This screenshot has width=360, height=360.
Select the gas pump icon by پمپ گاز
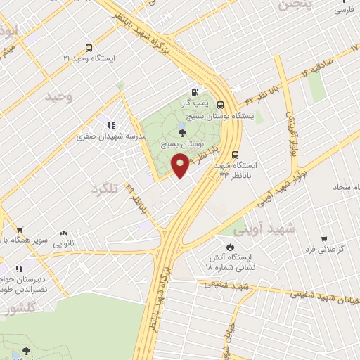(x=194, y=91)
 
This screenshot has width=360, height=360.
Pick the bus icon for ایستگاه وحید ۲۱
(x=89, y=48)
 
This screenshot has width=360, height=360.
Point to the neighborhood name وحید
(x=59, y=96)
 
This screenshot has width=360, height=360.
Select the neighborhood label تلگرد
(x=103, y=188)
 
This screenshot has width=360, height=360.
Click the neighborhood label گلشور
(x=19, y=309)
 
